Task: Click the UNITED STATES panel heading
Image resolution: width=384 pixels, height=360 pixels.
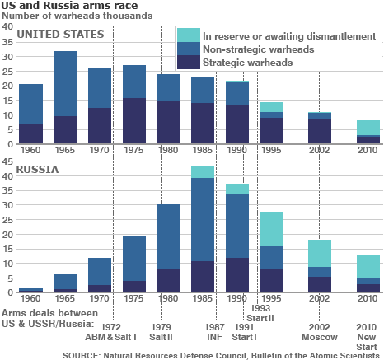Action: [x=60, y=35]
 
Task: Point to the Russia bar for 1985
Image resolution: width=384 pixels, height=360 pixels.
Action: [x=203, y=231]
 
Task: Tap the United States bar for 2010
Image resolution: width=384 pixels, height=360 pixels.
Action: [x=368, y=133]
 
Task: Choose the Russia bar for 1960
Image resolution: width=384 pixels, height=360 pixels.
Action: [x=30, y=290]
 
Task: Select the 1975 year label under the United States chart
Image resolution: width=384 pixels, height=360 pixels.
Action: [x=133, y=152]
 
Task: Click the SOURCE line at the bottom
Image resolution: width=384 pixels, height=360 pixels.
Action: [x=222, y=354]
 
